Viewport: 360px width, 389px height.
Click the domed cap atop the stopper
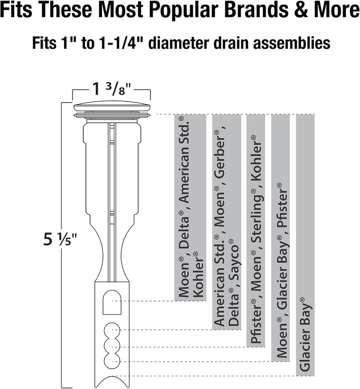(x=112, y=106)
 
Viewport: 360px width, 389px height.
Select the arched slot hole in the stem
(x=112, y=302)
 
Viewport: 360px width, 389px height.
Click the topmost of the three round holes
(x=112, y=330)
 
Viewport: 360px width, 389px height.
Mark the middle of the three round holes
(x=112, y=346)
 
